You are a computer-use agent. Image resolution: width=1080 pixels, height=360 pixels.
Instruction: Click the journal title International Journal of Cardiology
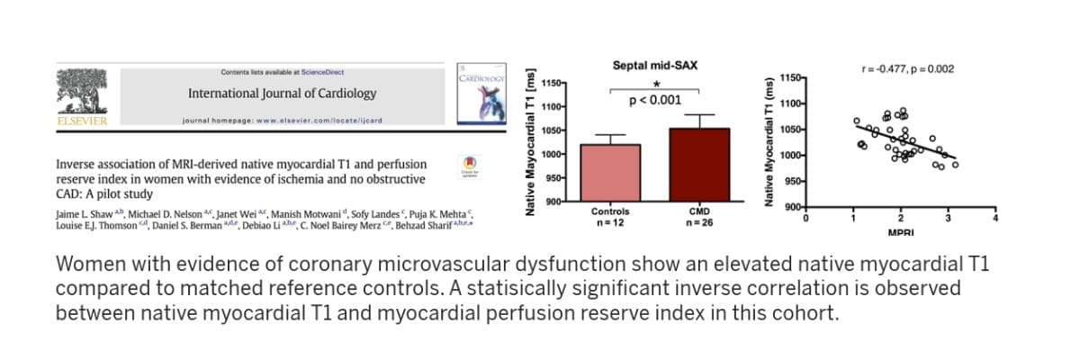[x=282, y=94]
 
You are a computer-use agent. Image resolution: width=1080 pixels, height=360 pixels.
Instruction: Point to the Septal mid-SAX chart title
[x=654, y=66]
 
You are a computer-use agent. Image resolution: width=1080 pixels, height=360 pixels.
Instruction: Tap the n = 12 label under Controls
[x=611, y=221]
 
